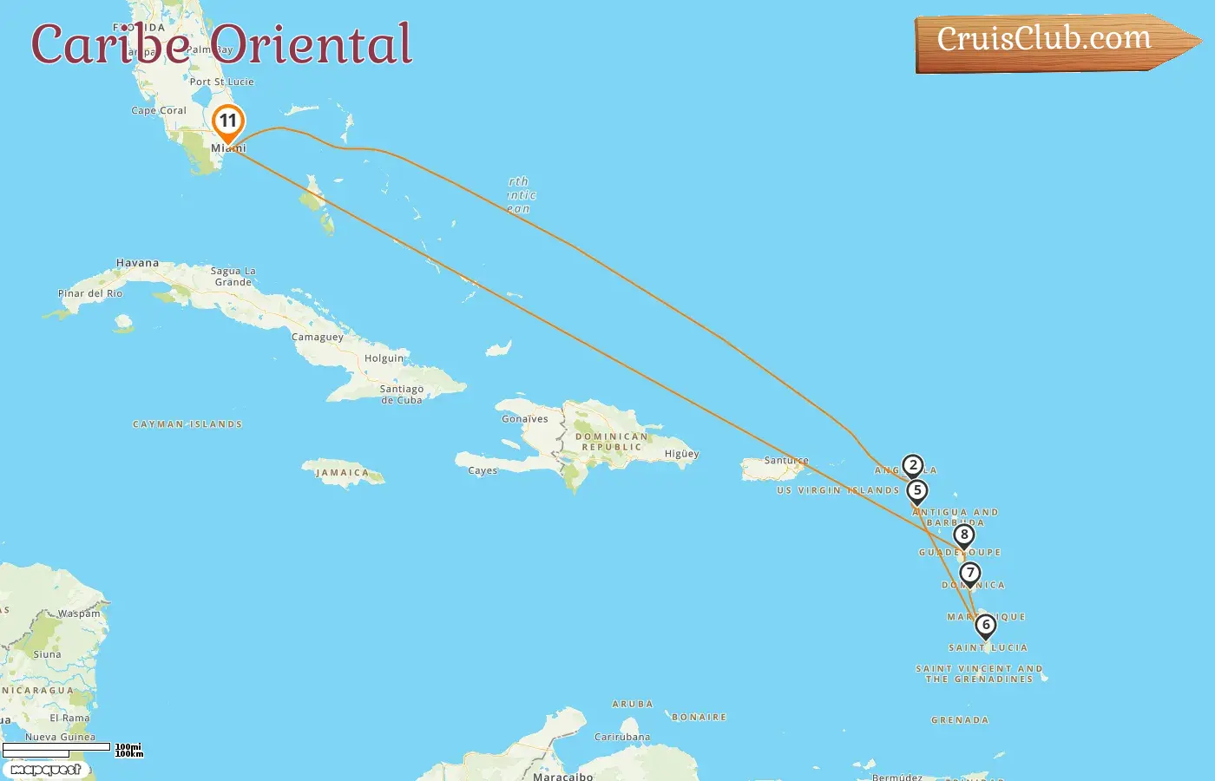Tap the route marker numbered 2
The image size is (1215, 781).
point(912,466)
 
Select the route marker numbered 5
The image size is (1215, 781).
point(916,491)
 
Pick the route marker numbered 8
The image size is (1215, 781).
point(963,535)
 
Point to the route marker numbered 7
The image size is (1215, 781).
point(969,574)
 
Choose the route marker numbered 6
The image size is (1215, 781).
point(985,626)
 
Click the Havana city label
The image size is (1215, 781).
point(137,263)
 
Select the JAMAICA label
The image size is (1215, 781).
point(342,473)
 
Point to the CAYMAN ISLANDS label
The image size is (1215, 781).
point(187,424)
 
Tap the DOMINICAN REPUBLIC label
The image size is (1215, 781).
point(612,442)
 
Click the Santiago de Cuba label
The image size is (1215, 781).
point(402,395)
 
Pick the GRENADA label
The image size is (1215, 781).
point(960,720)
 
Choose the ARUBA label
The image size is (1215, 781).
point(632,705)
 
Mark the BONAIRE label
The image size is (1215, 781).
point(699,718)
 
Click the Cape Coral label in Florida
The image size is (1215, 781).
point(159,111)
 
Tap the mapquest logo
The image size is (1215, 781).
point(45,770)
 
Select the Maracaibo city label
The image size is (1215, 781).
point(562,776)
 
